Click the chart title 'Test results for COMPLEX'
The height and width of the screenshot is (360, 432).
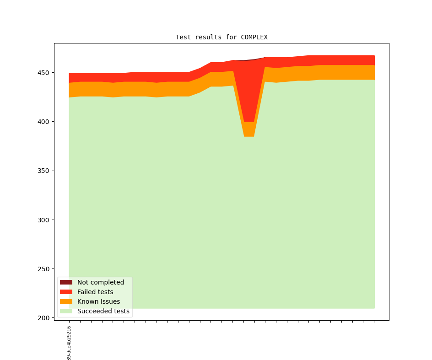pyautogui.click(x=221, y=37)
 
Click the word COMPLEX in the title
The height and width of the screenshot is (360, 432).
pyautogui.click(x=254, y=37)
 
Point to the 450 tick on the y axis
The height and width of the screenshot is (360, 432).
pyautogui.click(x=45, y=73)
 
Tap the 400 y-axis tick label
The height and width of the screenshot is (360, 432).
pyautogui.click(x=45, y=122)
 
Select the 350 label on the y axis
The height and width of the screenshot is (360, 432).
pyautogui.click(x=45, y=171)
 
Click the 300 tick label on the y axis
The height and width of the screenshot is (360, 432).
pyautogui.click(x=45, y=220)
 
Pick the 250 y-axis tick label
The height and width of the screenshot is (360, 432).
pyautogui.click(x=45, y=269)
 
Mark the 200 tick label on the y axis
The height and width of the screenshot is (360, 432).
pyautogui.click(x=45, y=318)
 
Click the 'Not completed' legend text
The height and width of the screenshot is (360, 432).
pyautogui.click(x=101, y=282)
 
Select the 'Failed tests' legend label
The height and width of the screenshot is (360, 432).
pyautogui.click(x=95, y=292)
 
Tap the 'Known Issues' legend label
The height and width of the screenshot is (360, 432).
pyautogui.click(x=99, y=301)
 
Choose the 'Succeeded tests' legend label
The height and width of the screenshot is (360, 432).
pyautogui.click(x=103, y=311)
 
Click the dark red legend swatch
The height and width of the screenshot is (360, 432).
pyautogui.click(x=66, y=282)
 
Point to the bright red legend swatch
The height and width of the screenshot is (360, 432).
pyautogui.click(x=66, y=292)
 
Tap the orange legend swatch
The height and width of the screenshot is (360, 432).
pyautogui.click(x=66, y=301)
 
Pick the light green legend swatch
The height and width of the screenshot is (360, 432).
pyautogui.click(x=66, y=311)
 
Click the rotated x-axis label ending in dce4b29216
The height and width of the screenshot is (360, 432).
pyautogui.click(x=69, y=343)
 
